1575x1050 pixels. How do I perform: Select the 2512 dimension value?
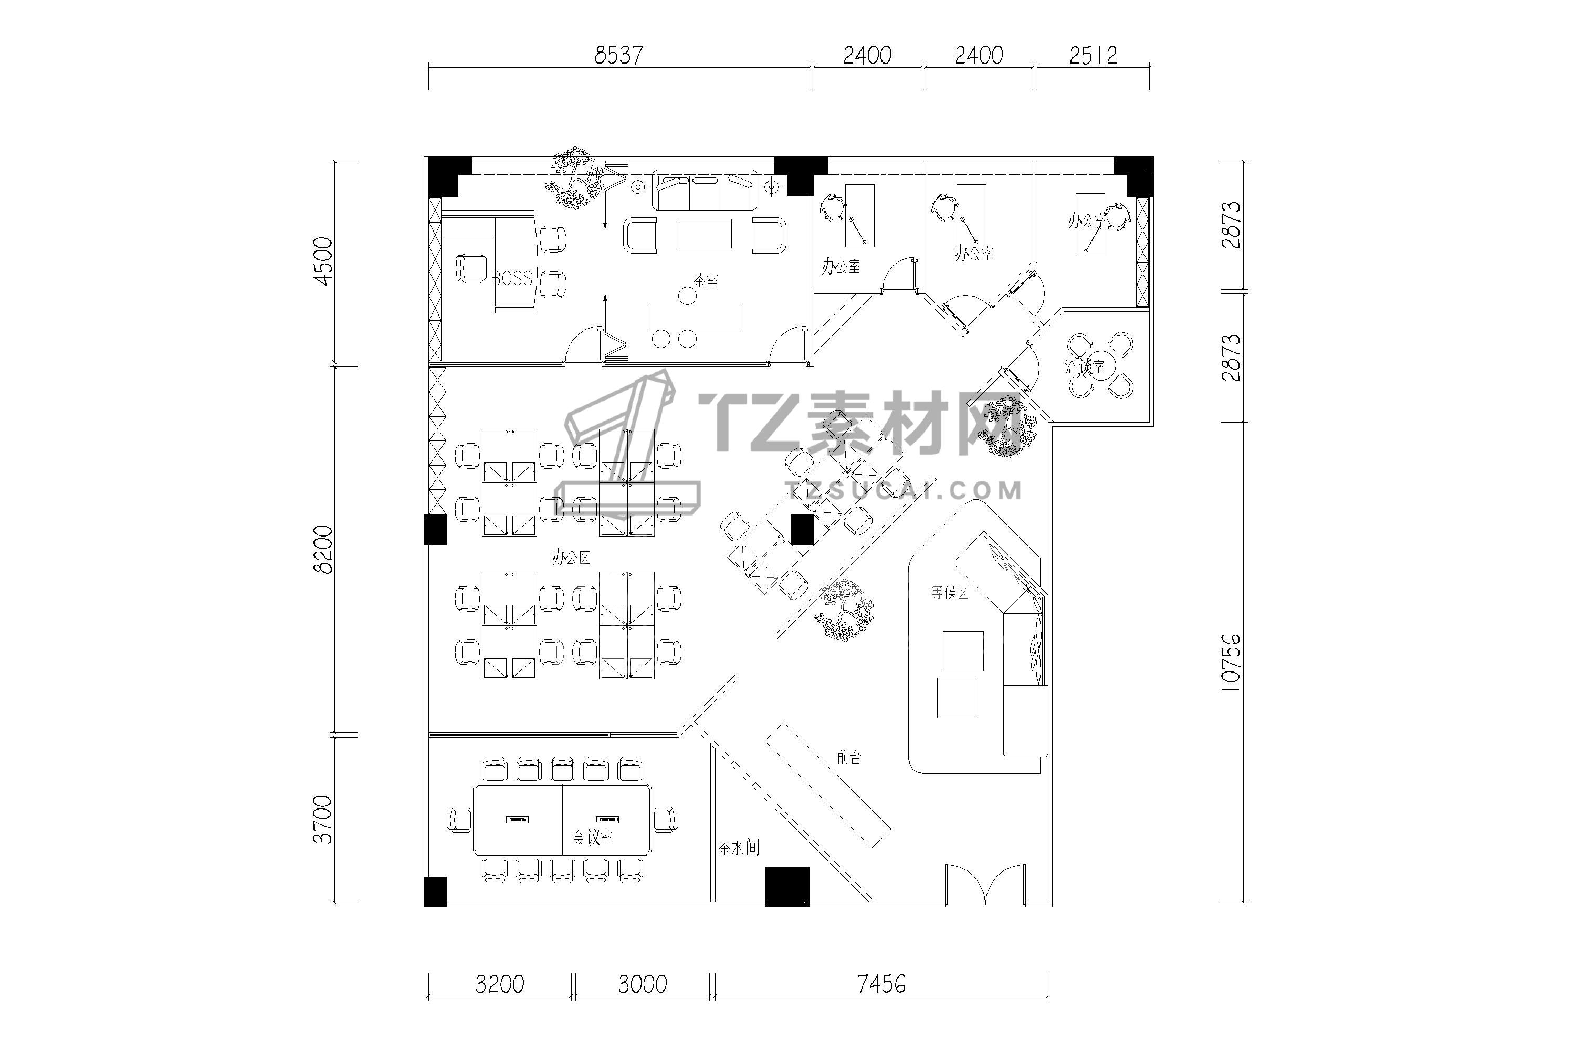click(x=1093, y=55)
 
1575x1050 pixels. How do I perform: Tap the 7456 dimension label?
click(x=881, y=984)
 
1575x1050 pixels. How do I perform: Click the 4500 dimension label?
click(x=323, y=261)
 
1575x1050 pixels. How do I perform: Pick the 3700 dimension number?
click(x=323, y=819)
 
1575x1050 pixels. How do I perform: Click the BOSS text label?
click(x=511, y=278)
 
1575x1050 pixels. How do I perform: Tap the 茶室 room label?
click(x=706, y=280)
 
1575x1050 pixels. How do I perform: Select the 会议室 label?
click(x=592, y=838)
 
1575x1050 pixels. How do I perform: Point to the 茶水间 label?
click(x=739, y=848)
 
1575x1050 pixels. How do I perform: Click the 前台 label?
click(x=849, y=758)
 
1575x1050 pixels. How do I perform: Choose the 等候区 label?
click(x=950, y=592)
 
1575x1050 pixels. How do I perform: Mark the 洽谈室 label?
click(x=1084, y=366)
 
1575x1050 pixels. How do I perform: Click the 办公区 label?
click(x=571, y=557)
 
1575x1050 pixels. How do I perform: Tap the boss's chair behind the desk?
click(x=471, y=268)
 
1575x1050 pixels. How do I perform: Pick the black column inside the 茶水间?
click(x=787, y=887)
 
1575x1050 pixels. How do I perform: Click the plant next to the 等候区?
click(x=844, y=610)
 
